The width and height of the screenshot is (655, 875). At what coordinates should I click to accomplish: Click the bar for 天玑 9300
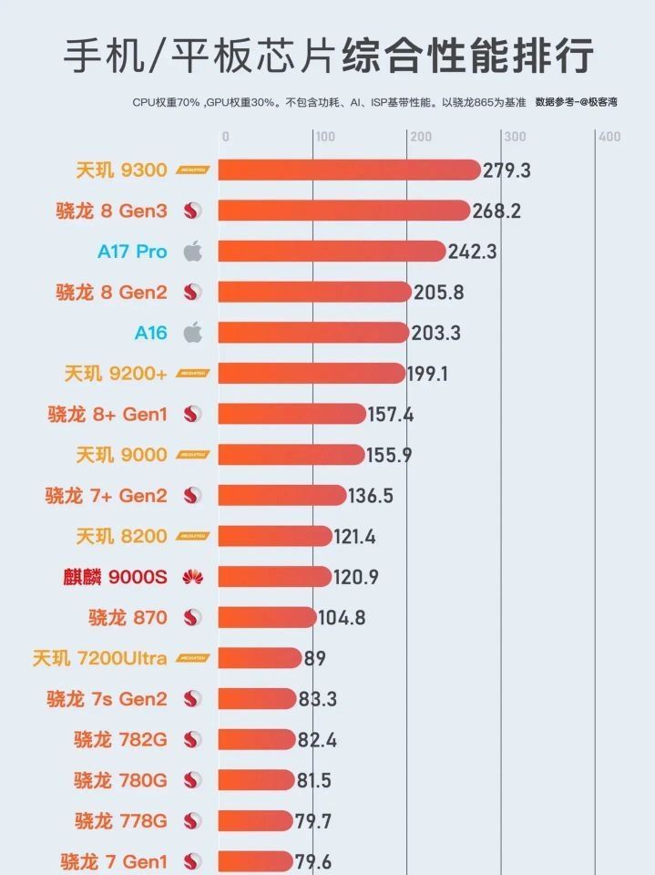click(348, 170)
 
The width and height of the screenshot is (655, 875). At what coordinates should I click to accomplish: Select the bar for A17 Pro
click(331, 252)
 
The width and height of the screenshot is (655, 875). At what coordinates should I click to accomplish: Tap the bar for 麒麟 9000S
click(274, 576)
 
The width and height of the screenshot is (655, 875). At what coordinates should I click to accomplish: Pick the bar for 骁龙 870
click(267, 617)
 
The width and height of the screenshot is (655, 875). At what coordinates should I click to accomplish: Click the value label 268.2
click(496, 211)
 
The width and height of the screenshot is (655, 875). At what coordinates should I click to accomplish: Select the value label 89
click(315, 658)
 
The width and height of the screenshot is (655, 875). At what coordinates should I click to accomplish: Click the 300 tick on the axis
click(515, 137)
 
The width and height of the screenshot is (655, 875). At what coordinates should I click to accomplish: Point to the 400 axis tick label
click(609, 137)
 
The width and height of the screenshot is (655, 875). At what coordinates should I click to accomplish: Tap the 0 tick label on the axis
click(225, 137)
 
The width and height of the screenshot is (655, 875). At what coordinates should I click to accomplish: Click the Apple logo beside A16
click(192, 333)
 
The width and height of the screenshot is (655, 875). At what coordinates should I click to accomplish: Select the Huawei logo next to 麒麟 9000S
click(192, 576)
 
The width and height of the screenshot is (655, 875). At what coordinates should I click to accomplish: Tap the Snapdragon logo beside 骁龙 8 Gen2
click(192, 293)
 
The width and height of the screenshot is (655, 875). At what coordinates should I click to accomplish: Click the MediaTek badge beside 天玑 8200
click(193, 536)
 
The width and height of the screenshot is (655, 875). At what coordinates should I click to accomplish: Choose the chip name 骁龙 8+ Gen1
click(107, 415)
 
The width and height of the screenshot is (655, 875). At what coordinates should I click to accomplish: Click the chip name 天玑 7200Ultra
click(99, 658)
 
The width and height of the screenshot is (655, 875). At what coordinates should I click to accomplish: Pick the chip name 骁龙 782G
click(120, 739)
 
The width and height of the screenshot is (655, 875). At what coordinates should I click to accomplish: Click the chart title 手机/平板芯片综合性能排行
click(328, 57)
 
